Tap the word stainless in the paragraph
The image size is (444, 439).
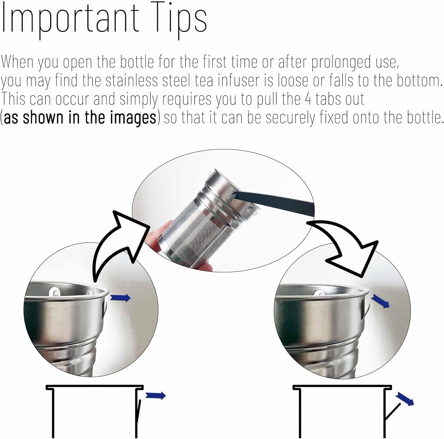pyautogui.click(x=132, y=81)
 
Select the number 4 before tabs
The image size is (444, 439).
pyautogui.click(x=309, y=99)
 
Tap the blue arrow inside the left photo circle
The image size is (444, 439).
pyautogui.click(x=120, y=298)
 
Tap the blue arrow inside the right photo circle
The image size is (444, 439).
pyautogui.click(x=381, y=301)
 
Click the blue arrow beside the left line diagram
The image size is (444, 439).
pyautogui.click(x=155, y=396)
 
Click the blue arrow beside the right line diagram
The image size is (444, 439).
pyautogui.click(x=404, y=399)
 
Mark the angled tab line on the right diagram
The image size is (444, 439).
pyautogui.click(x=393, y=412)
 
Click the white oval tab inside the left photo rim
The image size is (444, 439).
pyautogui.click(x=55, y=291)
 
